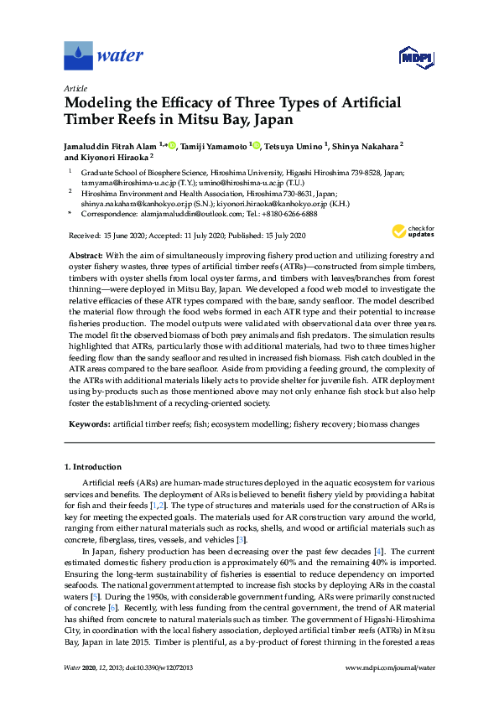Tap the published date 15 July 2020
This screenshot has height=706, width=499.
pos(277,236)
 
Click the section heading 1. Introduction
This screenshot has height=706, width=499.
pos(92,467)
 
